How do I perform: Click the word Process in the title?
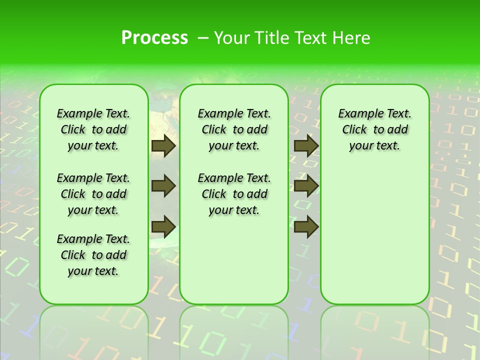(x=154, y=37)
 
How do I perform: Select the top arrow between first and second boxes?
(x=163, y=145)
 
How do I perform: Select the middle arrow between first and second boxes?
(x=163, y=186)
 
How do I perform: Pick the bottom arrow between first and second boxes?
(x=163, y=227)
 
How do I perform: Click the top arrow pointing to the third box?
(x=306, y=145)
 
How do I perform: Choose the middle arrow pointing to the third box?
(x=306, y=186)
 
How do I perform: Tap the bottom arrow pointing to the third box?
(x=306, y=227)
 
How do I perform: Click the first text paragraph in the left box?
(x=93, y=129)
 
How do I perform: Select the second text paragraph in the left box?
(x=93, y=194)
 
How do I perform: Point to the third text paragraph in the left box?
(x=93, y=255)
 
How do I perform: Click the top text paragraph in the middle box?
(x=234, y=129)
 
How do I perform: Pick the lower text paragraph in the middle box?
(x=234, y=194)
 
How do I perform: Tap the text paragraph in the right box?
(x=374, y=129)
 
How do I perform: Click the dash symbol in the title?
(x=203, y=38)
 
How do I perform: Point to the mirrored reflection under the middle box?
(x=234, y=330)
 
